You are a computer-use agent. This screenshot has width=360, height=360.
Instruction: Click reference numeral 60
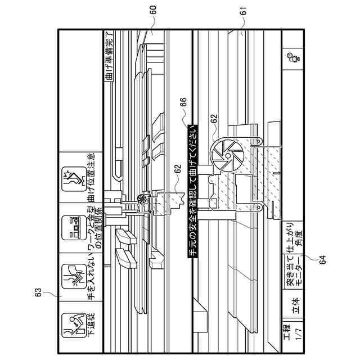coord(154,10)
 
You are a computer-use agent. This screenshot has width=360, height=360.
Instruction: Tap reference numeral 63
coord(38,291)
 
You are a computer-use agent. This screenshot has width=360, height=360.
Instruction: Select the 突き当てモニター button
coord(293,274)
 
